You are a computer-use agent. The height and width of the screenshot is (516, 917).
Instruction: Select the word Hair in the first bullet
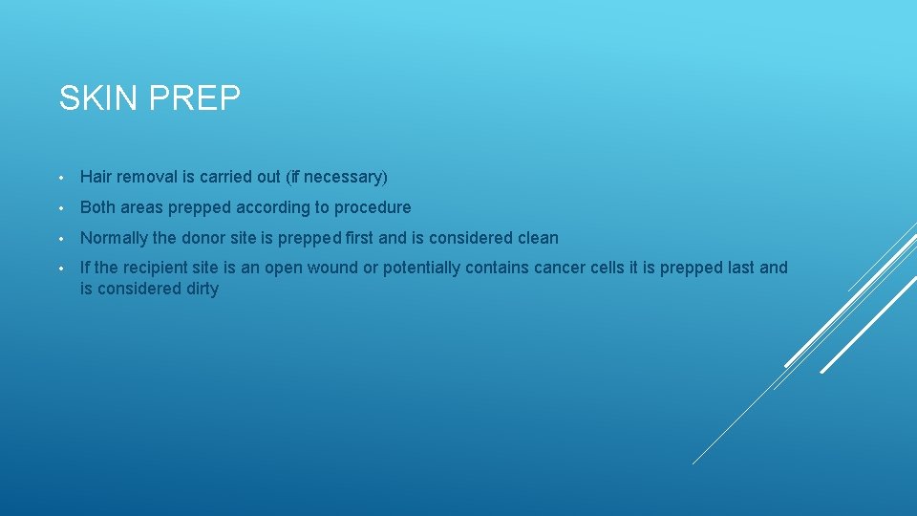tap(96, 177)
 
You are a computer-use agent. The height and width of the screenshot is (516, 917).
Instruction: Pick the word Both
tap(97, 207)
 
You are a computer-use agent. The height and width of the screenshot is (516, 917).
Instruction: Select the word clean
tap(538, 238)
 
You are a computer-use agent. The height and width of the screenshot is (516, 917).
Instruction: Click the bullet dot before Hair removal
tap(60, 178)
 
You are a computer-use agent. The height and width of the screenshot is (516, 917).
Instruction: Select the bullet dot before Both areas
tap(60, 208)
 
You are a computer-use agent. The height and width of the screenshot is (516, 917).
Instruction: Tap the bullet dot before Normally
tap(60, 239)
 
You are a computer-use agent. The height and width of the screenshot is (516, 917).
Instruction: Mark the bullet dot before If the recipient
tap(60, 269)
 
